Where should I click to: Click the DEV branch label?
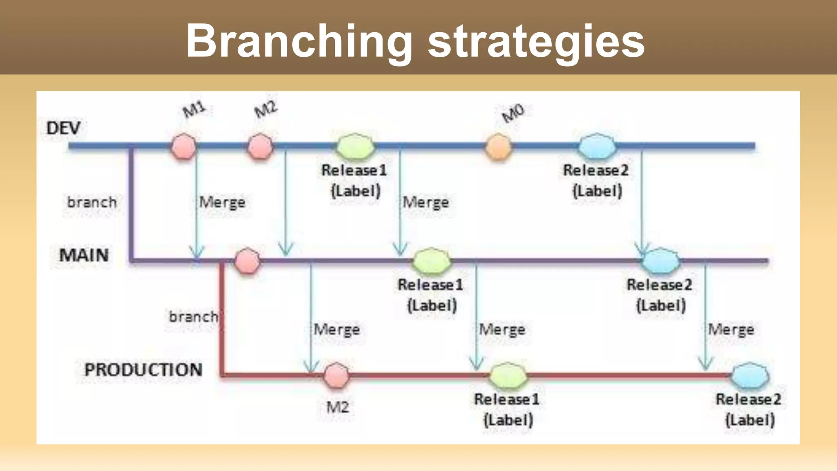63,128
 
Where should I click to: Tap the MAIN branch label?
84,255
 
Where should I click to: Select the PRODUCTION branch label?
143,370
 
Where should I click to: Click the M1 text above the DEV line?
194,109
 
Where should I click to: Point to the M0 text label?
513,113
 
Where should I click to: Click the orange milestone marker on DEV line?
499,146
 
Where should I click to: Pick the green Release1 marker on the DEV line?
355,146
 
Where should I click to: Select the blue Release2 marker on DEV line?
597,146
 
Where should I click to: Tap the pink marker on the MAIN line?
247,261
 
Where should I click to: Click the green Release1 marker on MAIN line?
432,261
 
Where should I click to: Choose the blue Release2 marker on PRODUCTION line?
750,375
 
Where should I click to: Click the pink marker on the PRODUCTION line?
336,375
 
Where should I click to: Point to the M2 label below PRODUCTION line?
338,407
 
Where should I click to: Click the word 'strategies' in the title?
536,41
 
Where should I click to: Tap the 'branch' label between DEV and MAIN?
92,202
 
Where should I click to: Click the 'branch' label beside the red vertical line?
193,316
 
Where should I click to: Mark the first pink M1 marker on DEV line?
184,146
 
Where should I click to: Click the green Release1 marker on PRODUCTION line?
508,375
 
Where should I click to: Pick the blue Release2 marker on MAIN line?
660,261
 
